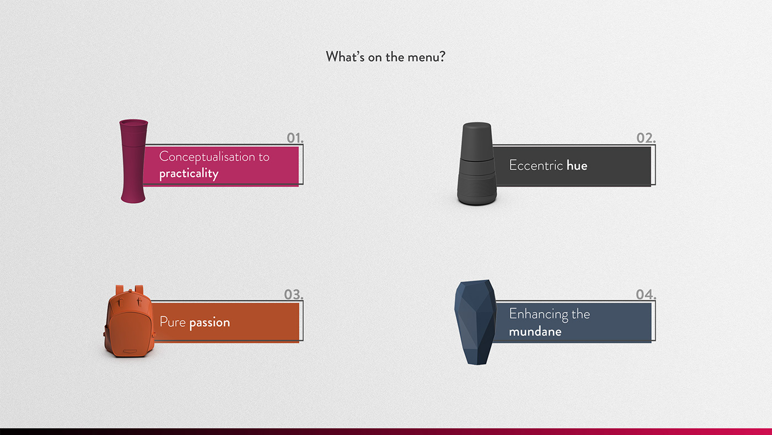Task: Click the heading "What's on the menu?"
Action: pos(385,57)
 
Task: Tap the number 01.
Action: pos(295,138)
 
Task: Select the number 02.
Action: pos(646,138)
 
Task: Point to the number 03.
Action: pos(293,294)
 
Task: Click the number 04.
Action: pos(646,294)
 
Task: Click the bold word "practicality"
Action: pos(189,173)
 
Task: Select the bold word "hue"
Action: pos(577,166)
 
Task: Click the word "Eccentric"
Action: pos(536,166)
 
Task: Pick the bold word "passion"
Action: pos(210,322)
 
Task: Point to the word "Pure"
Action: pos(173,322)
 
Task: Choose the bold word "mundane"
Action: pos(535,332)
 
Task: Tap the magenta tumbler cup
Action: pos(133,161)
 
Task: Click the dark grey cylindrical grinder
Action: pos(477,164)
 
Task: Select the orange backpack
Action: pos(129,321)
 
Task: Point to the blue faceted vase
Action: pos(475,322)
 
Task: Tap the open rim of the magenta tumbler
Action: pos(133,123)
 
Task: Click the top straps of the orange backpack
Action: pos(130,290)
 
